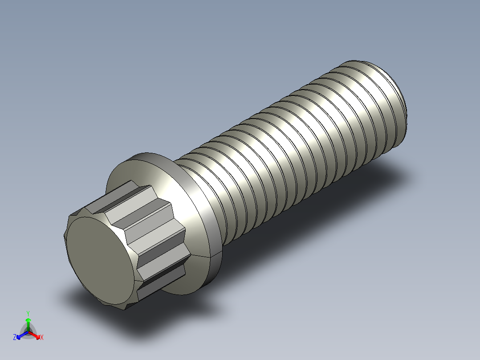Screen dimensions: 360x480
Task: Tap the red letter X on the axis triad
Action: pyautogui.click(x=41, y=338)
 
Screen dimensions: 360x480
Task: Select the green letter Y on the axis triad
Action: pyautogui.click(x=28, y=313)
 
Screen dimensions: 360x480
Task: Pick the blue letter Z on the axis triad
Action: pyautogui.click(x=15, y=338)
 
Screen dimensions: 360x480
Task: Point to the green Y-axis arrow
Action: pyautogui.click(x=28, y=323)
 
